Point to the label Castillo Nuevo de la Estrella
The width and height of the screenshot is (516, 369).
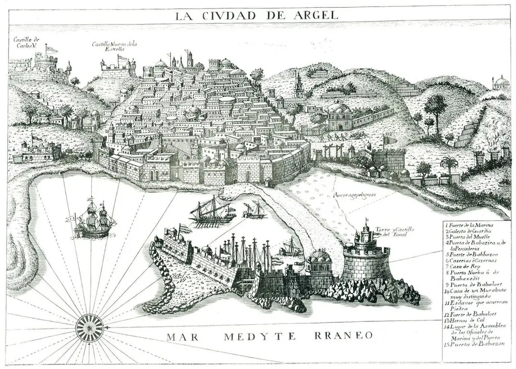point(114,46)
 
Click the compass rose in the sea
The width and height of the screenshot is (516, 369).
point(89,327)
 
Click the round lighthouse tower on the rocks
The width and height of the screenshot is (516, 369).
point(365,259)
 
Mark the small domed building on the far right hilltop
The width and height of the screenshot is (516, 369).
point(501,84)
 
